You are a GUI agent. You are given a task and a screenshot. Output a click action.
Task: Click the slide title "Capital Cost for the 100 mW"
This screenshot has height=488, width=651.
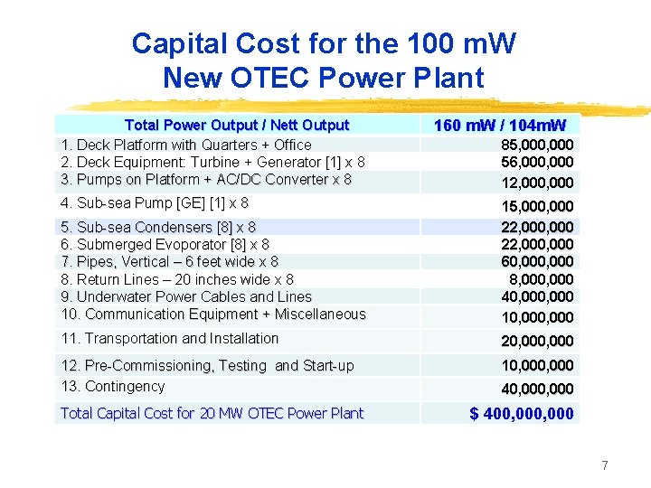324,43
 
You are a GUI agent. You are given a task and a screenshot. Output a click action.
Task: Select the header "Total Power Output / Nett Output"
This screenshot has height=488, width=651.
236,126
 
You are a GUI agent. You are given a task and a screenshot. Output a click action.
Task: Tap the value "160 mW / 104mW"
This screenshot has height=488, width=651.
499,126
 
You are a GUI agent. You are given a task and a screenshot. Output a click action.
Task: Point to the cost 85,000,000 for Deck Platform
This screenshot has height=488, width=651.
537,145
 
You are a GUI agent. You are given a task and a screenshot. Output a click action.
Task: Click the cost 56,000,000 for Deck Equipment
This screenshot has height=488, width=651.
537,163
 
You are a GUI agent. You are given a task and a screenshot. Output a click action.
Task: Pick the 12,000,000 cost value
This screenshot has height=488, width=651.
537,183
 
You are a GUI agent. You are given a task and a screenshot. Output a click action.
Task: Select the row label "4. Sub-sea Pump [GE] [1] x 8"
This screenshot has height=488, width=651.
154,203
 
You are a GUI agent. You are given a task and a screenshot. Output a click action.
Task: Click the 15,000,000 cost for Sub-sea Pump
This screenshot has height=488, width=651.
537,207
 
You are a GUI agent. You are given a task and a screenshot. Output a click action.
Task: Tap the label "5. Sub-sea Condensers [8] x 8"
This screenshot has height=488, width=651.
158,228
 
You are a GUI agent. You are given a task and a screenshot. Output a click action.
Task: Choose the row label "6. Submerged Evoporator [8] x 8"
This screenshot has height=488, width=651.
165,245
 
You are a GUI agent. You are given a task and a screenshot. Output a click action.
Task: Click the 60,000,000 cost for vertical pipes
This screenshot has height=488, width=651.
537,262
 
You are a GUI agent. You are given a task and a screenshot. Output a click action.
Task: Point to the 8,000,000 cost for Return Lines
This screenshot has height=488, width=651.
542,279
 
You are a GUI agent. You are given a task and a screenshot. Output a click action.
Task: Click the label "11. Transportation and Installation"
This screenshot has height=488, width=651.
170,339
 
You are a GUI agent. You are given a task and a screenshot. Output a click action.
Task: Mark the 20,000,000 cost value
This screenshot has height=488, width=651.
537,342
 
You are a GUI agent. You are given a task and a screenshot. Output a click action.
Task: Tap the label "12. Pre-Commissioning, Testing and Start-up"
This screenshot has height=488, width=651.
207,366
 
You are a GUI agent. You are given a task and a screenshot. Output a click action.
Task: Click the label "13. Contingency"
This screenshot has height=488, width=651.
113,387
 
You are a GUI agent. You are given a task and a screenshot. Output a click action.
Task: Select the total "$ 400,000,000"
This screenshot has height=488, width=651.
521,414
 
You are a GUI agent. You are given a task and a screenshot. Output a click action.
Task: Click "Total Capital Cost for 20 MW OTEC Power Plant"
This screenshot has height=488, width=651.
212,414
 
